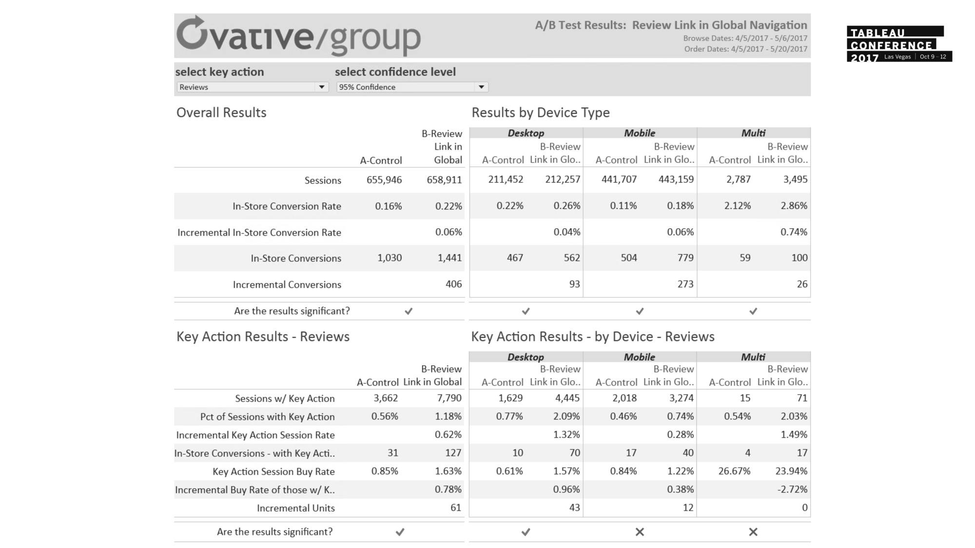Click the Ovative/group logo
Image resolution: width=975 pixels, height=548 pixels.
pos(298,36)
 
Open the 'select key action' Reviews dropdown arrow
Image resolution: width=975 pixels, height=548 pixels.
pos(321,87)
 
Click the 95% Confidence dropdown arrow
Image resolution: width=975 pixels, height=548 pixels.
pos(481,87)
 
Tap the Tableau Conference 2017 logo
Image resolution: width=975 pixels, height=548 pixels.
pos(898,44)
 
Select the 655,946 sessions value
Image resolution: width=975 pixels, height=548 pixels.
pos(384,180)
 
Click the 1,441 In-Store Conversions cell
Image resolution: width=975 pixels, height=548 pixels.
pos(449,258)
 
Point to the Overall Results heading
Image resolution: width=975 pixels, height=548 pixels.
pos(221,113)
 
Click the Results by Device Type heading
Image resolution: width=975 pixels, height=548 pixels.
pos(540,113)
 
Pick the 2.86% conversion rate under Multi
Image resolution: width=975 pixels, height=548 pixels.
pos(794,206)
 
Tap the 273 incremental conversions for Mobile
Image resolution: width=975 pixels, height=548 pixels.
pos(685,284)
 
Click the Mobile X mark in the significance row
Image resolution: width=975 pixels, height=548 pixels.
pos(640,532)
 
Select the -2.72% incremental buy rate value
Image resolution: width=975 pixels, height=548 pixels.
pos(792,489)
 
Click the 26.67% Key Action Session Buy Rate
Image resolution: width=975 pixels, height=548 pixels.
pos(734,471)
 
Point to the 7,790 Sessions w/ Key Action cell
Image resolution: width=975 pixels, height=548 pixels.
pos(449,398)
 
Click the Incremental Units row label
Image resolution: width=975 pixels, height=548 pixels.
pos(295,508)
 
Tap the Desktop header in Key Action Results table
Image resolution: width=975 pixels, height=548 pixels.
pos(526,357)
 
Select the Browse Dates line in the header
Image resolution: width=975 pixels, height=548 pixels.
pos(745,38)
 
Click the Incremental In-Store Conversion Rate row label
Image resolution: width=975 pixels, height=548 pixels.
pos(259,232)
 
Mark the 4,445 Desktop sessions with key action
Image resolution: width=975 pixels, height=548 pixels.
pos(567,398)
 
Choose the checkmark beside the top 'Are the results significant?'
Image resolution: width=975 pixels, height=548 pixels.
pos(409,311)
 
